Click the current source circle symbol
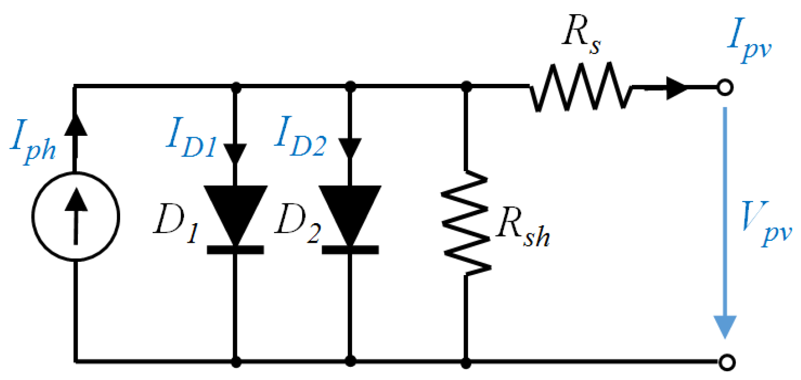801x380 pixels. point(76,216)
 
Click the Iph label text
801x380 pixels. point(33,142)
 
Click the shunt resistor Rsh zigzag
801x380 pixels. point(465,223)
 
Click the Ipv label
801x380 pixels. point(749,39)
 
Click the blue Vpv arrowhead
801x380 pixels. point(725,327)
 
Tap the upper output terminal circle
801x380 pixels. point(725,88)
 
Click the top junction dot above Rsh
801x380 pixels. point(466,87)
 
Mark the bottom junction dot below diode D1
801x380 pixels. point(236,362)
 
